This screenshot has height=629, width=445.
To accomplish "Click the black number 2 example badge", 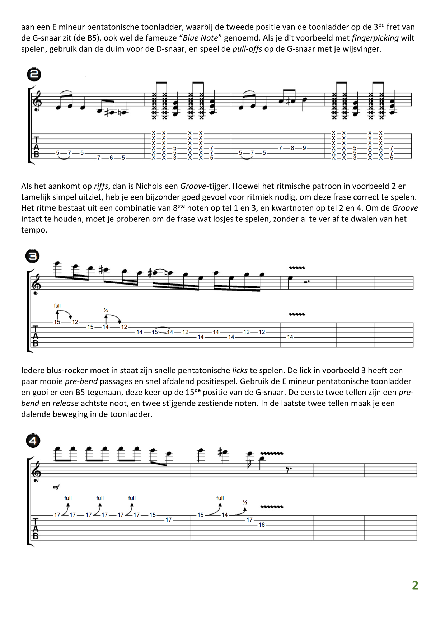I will [x=34, y=74].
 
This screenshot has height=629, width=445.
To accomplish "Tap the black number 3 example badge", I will [x=32, y=256].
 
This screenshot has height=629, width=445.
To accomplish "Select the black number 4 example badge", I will [x=33, y=441].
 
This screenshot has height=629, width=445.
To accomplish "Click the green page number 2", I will [x=415, y=585].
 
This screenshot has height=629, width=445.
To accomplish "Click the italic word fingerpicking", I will [x=375, y=38].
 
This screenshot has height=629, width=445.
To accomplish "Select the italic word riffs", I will [x=101, y=186].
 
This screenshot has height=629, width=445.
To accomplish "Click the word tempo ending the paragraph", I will [x=34, y=230].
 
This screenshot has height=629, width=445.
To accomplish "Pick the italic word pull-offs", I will [x=247, y=49].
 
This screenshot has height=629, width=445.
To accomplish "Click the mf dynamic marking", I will [x=56, y=487].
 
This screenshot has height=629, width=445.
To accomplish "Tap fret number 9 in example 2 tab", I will [x=304, y=148].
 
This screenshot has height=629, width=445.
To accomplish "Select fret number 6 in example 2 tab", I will [x=111, y=158].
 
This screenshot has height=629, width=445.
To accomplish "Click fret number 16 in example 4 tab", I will [x=262, y=525].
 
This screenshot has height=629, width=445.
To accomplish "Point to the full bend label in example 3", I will [x=57, y=306].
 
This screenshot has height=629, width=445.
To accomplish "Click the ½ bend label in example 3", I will [x=106, y=310].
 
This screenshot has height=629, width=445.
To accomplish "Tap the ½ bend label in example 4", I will [x=245, y=503].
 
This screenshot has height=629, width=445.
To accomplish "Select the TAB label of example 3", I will [x=36, y=336].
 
